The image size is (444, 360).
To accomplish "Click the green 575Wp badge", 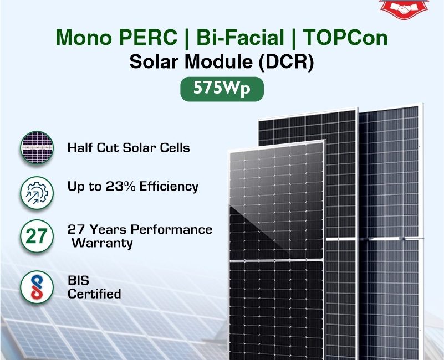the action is (222, 89).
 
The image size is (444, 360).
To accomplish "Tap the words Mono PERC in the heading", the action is (116, 37).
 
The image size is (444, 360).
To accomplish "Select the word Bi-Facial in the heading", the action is (240, 37).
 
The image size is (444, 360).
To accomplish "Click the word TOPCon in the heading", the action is (345, 37).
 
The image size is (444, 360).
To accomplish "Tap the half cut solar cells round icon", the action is (37, 147).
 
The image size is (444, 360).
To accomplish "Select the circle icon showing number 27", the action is (37, 236).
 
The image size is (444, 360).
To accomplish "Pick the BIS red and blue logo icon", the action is (37, 287).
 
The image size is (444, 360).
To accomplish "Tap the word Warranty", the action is (102, 243).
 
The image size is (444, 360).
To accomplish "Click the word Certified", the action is (94, 294).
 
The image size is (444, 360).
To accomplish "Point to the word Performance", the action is (171, 229).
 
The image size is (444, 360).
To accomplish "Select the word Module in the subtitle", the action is (218, 61).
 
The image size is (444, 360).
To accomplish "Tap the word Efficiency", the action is (169, 187).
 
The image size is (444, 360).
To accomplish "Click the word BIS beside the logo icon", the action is (78, 280).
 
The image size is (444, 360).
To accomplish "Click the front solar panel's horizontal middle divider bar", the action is (277, 260).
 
